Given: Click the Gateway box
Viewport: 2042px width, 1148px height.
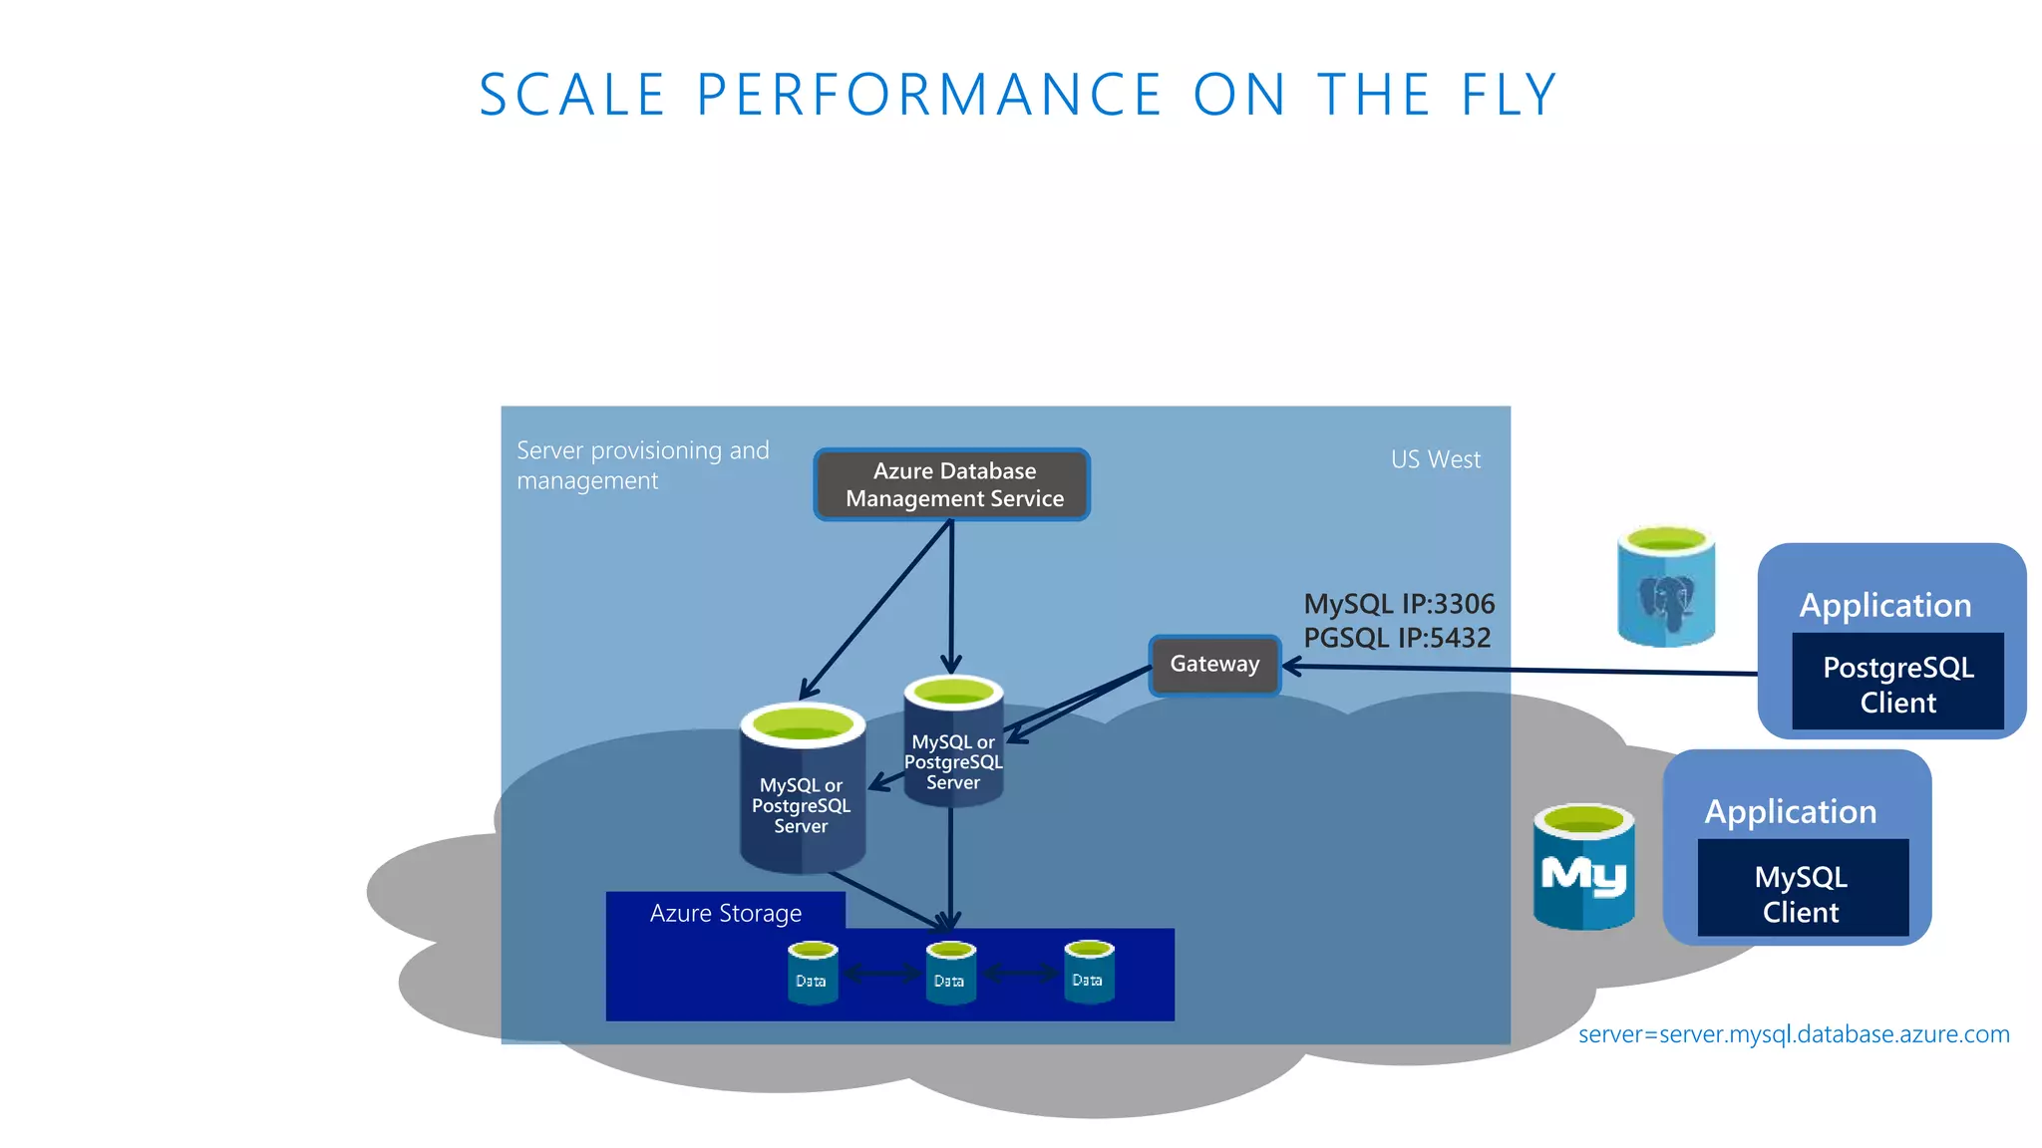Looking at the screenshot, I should click(1214, 665).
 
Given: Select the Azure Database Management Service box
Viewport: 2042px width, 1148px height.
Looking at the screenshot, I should click(952, 484).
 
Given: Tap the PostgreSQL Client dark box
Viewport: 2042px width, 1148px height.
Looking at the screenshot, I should click(1897, 684).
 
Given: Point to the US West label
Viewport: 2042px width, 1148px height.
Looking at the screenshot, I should click(1435, 459).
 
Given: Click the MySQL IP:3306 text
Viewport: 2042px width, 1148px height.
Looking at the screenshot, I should click(1399, 604).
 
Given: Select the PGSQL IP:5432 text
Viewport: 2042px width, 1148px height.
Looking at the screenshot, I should click(1397, 638).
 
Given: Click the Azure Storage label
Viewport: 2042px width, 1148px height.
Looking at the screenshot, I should click(725, 913).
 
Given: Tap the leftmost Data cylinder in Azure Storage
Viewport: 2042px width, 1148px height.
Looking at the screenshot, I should click(812, 974).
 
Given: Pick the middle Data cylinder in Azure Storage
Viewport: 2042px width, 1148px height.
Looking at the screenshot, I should click(949, 974).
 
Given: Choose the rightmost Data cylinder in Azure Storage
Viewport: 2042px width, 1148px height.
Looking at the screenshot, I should click(1088, 973).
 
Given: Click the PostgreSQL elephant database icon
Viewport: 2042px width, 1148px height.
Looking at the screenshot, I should click(1665, 588).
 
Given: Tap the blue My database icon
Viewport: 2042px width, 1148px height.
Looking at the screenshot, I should click(1583, 867).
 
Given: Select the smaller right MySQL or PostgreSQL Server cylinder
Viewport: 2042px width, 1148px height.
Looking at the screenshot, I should click(953, 743).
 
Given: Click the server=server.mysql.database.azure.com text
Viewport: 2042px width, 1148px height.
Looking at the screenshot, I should click(1793, 1034).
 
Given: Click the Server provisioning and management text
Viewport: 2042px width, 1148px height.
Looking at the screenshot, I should click(642, 465).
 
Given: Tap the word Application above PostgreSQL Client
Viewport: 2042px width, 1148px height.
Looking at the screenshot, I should click(1884, 606).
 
